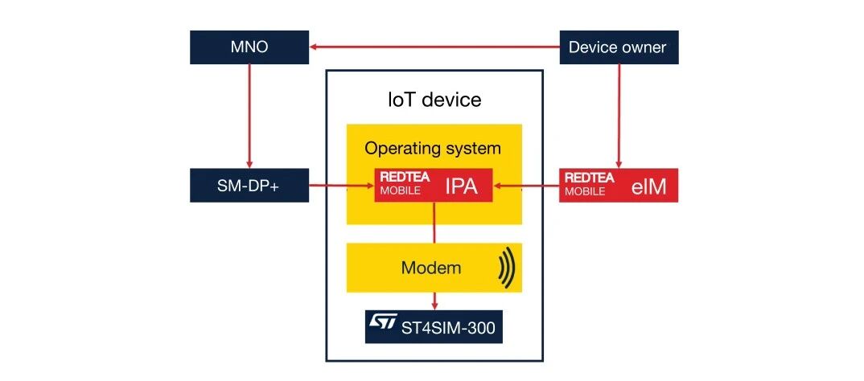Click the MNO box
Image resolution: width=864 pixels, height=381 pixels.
click(x=249, y=47)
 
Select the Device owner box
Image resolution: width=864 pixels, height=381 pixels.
click(x=618, y=47)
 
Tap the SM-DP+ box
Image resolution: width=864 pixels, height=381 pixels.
click(x=249, y=185)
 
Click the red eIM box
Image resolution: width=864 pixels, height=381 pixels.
click(x=618, y=185)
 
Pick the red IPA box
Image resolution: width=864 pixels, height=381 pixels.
click(x=434, y=186)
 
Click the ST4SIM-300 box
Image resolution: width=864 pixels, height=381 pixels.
click(x=434, y=326)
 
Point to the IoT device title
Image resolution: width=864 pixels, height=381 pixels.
click(x=434, y=100)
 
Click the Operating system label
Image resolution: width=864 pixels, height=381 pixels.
click(x=433, y=149)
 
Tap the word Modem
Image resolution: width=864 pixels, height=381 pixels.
click(x=431, y=268)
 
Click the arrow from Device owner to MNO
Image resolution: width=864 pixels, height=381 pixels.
click(x=434, y=47)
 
